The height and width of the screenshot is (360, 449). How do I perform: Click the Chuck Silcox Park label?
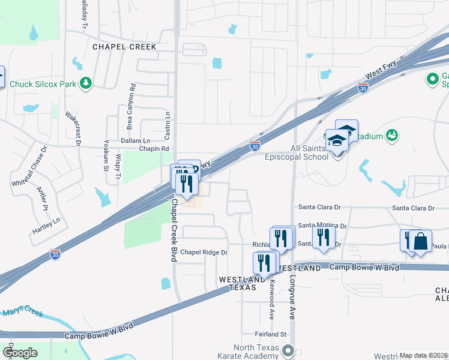43,84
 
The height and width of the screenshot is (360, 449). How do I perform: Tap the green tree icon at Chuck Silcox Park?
86,83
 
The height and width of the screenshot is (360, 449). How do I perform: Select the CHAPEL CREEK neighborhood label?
124,47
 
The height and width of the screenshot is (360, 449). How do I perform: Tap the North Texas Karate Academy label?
256,352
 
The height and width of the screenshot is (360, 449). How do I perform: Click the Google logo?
19,353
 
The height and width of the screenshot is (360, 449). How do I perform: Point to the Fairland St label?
270,334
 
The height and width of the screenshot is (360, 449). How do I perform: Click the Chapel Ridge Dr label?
204,253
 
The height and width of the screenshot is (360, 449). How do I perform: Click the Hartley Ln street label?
47,221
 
